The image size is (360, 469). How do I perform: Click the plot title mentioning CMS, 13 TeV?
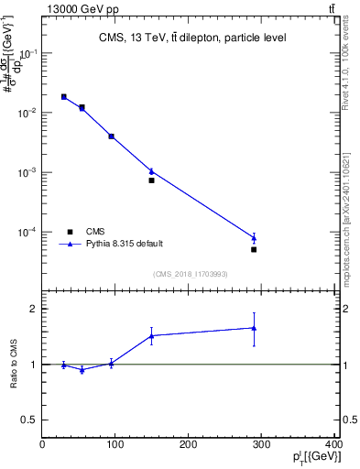(x=192, y=38)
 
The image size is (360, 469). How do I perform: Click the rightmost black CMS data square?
(x=254, y=249)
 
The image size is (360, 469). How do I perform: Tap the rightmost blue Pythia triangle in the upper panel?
(x=254, y=238)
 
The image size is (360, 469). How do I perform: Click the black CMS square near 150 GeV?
(x=151, y=180)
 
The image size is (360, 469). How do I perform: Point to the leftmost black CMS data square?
(x=64, y=96)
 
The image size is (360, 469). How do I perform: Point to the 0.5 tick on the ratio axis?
(x=31, y=420)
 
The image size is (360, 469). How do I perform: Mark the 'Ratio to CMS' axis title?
(x=15, y=365)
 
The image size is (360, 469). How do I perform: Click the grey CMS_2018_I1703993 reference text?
(x=191, y=273)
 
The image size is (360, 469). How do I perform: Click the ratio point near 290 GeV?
(x=254, y=328)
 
